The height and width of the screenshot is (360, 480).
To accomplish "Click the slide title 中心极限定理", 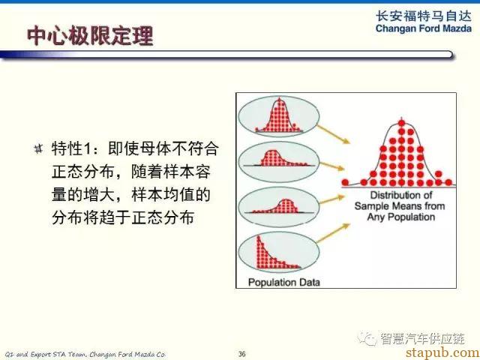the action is (x=90, y=36).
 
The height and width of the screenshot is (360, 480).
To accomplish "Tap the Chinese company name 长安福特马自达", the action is (x=424, y=16).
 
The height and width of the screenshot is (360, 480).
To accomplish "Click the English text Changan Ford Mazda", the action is (x=424, y=28).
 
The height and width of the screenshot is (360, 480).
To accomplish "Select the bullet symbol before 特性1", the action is (x=38, y=149).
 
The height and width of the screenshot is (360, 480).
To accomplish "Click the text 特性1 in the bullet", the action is (x=71, y=149).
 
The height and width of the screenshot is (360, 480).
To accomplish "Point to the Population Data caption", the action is (x=283, y=282).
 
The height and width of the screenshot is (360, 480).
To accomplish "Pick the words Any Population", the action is (x=401, y=217).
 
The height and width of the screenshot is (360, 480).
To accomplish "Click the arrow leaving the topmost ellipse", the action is (x=333, y=134).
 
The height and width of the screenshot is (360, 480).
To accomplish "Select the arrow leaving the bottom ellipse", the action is (x=333, y=233).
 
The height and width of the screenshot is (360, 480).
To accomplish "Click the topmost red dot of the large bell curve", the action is (x=402, y=123).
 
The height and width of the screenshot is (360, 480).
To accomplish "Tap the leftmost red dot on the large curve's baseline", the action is (x=345, y=182).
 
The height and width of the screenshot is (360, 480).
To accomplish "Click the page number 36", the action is (x=241, y=354).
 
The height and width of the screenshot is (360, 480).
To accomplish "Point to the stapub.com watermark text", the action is (x=442, y=352).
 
